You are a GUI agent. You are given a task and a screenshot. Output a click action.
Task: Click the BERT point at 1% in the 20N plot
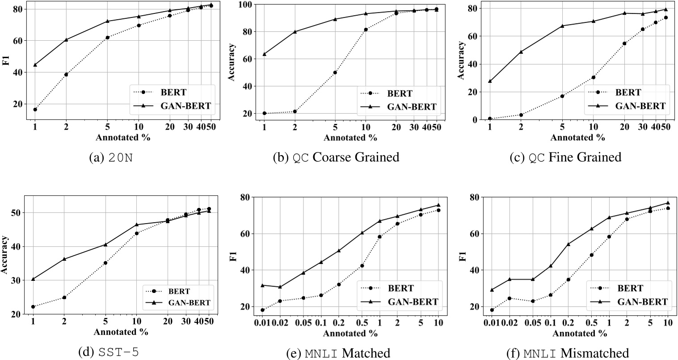[x=35, y=110]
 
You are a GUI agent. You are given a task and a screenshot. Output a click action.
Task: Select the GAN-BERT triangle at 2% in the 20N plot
[x=66, y=40]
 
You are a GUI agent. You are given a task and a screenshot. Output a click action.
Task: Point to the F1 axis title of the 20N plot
[x=6, y=59]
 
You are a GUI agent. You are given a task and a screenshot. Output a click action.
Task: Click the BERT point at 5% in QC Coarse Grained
[x=335, y=72]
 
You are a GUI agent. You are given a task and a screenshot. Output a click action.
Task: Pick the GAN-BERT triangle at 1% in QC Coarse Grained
[x=264, y=54]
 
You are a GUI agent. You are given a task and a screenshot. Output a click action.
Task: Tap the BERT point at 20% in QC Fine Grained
[x=624, y=43]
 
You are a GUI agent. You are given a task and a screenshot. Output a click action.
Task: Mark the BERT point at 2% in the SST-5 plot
[x=64, y=297]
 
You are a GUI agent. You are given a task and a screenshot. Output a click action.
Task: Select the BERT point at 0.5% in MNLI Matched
[x=362, y=266]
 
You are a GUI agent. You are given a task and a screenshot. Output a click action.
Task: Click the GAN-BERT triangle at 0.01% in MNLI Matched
[x=263, y=285]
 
